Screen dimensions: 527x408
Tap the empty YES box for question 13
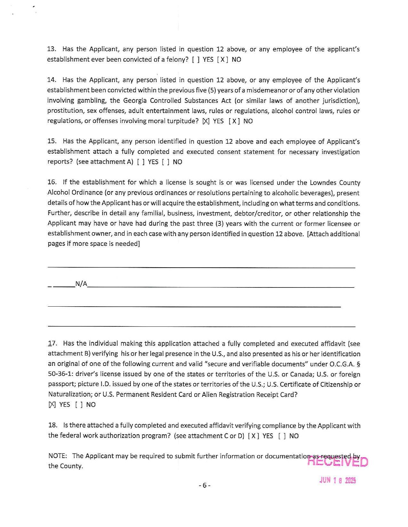(x=196, y=59)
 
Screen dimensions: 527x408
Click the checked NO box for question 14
(x=234, y=121)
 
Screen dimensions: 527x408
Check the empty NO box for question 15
(x=166, y=162)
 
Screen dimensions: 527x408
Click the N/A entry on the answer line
(x=81, y=284)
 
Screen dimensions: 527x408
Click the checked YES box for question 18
(x=253, y=436)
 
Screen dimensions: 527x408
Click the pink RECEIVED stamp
(x=337, y=462)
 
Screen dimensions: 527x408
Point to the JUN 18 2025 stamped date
(x=338, y=480)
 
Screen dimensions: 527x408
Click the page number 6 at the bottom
(x=204, y=485)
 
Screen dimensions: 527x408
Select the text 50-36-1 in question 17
(x=59, y=374)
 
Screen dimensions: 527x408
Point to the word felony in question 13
(x=176, y=59)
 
